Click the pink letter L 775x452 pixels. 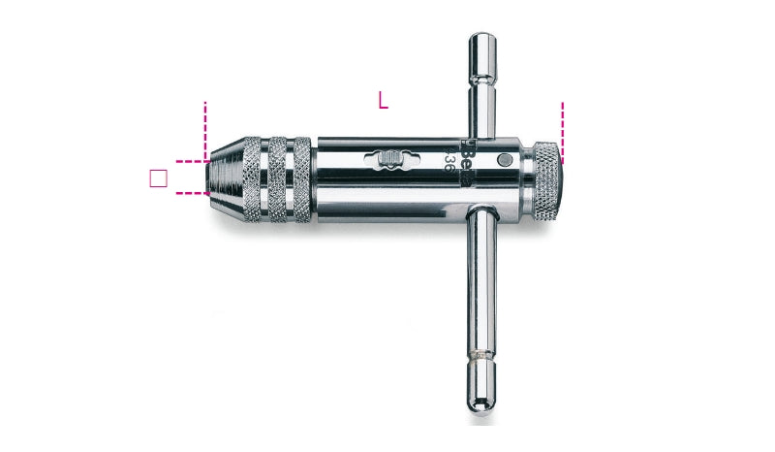[383, 100]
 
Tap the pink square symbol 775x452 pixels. [159, 178]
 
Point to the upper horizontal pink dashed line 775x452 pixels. [191, 161]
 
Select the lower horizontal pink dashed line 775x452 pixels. [191, 194]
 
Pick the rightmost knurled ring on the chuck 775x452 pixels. [301, 178]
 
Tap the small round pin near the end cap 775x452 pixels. [504, 160]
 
